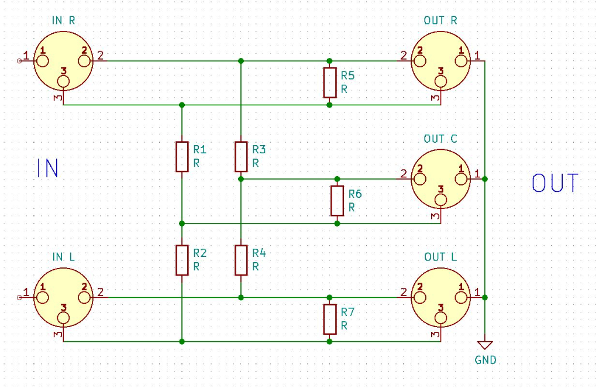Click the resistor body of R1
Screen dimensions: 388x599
(x=182, y=156)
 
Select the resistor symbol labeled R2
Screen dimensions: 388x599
(x=182, y=260)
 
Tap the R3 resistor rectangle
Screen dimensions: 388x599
(x=241, y=156)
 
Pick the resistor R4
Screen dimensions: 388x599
(x=241, y=260)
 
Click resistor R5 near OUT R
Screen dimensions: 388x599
(x=329, y=83)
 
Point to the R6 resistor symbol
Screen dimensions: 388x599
(x=337, y=201)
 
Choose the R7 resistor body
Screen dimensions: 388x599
(x=329, y=320)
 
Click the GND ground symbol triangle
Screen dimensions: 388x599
(x=486, y=345)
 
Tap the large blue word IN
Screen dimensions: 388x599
(x=47, y=168)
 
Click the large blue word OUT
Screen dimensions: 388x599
(x=555, y=183)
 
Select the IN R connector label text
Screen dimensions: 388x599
(x=64, y=20)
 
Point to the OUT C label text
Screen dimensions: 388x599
(x=440, y=139)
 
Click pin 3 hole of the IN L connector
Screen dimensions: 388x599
(x=64, y=318)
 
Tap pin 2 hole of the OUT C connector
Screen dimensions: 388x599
(x=420, y=179)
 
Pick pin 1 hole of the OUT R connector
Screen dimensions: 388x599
(x=462, y=60)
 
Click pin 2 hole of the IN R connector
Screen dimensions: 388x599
(x=85, y=60)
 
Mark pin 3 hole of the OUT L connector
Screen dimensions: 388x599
(x=441, y=318)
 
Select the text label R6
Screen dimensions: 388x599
(x=355, y=194)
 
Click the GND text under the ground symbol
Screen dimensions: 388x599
(x=486, y=360)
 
